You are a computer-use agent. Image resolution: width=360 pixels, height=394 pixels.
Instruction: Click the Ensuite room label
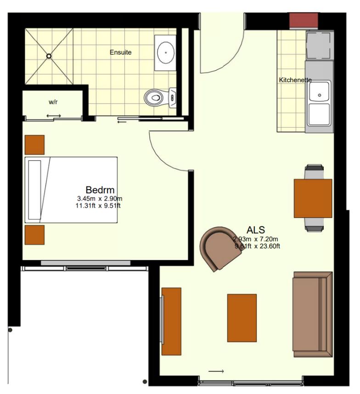coord(121,52)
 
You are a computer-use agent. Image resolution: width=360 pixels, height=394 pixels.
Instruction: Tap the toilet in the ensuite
coord(160,97)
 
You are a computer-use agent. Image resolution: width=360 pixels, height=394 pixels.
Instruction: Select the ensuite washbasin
coord(165,53)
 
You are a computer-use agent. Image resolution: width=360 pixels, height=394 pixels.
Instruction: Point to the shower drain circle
coord(49,56)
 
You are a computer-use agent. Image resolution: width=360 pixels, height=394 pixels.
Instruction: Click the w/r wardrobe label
coord(53,102)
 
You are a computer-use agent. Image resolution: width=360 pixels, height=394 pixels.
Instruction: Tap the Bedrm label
coord(100,190)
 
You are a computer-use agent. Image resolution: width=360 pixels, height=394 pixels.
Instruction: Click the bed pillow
coord(35,190)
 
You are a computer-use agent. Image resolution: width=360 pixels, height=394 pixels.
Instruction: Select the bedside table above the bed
coord(35,145)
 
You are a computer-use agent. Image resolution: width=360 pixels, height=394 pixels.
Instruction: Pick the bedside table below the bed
coord(35,235)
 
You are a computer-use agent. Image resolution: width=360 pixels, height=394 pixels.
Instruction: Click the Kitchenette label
coord(295,80)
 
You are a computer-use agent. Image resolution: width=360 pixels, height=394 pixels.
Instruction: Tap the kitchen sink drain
coord(320,95)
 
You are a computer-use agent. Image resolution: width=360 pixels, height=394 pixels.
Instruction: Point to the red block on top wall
coord(304,20)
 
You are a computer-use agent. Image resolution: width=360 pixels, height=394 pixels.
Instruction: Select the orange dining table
coord(313,198)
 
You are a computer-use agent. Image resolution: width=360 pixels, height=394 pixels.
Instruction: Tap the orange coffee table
coord(242,318)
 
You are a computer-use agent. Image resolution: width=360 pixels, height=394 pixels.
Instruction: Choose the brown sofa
coord(313,315)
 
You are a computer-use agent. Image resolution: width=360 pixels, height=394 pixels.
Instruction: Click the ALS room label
coord(256,230)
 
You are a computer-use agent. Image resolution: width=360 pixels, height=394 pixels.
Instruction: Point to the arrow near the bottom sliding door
coord(216,371)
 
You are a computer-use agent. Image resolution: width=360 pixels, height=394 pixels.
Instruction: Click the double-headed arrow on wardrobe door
coord(54,116)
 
